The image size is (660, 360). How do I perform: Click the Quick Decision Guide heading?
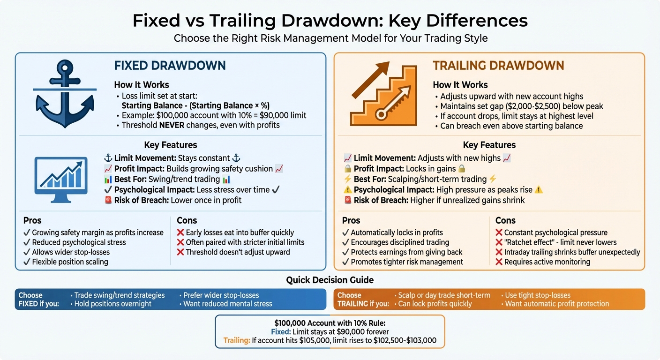pos(330,280)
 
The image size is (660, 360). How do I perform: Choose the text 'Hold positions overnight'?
pos(113,304)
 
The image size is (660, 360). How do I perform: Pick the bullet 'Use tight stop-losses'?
pos(538,295)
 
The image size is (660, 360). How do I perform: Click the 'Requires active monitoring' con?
pos(547,262)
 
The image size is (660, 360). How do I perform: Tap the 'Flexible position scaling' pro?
pos(70,262)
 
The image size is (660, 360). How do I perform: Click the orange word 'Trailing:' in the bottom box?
pos(237,340)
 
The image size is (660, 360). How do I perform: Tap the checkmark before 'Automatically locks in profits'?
pos(345,232)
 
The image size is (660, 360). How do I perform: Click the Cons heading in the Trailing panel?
pos(505,220)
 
